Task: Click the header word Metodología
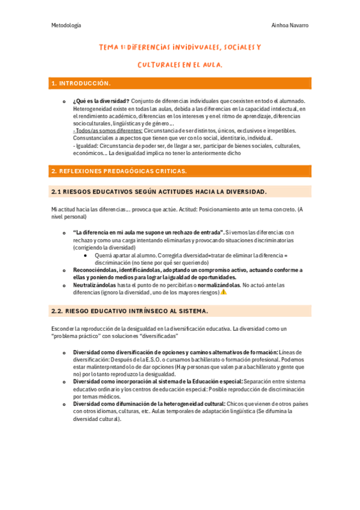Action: [66, 25]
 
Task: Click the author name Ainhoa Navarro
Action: [290, 25]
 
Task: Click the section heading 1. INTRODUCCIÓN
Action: [81, 83]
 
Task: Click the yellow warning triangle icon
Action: [224, 292]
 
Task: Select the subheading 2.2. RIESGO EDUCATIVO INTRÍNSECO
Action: [130, 310]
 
